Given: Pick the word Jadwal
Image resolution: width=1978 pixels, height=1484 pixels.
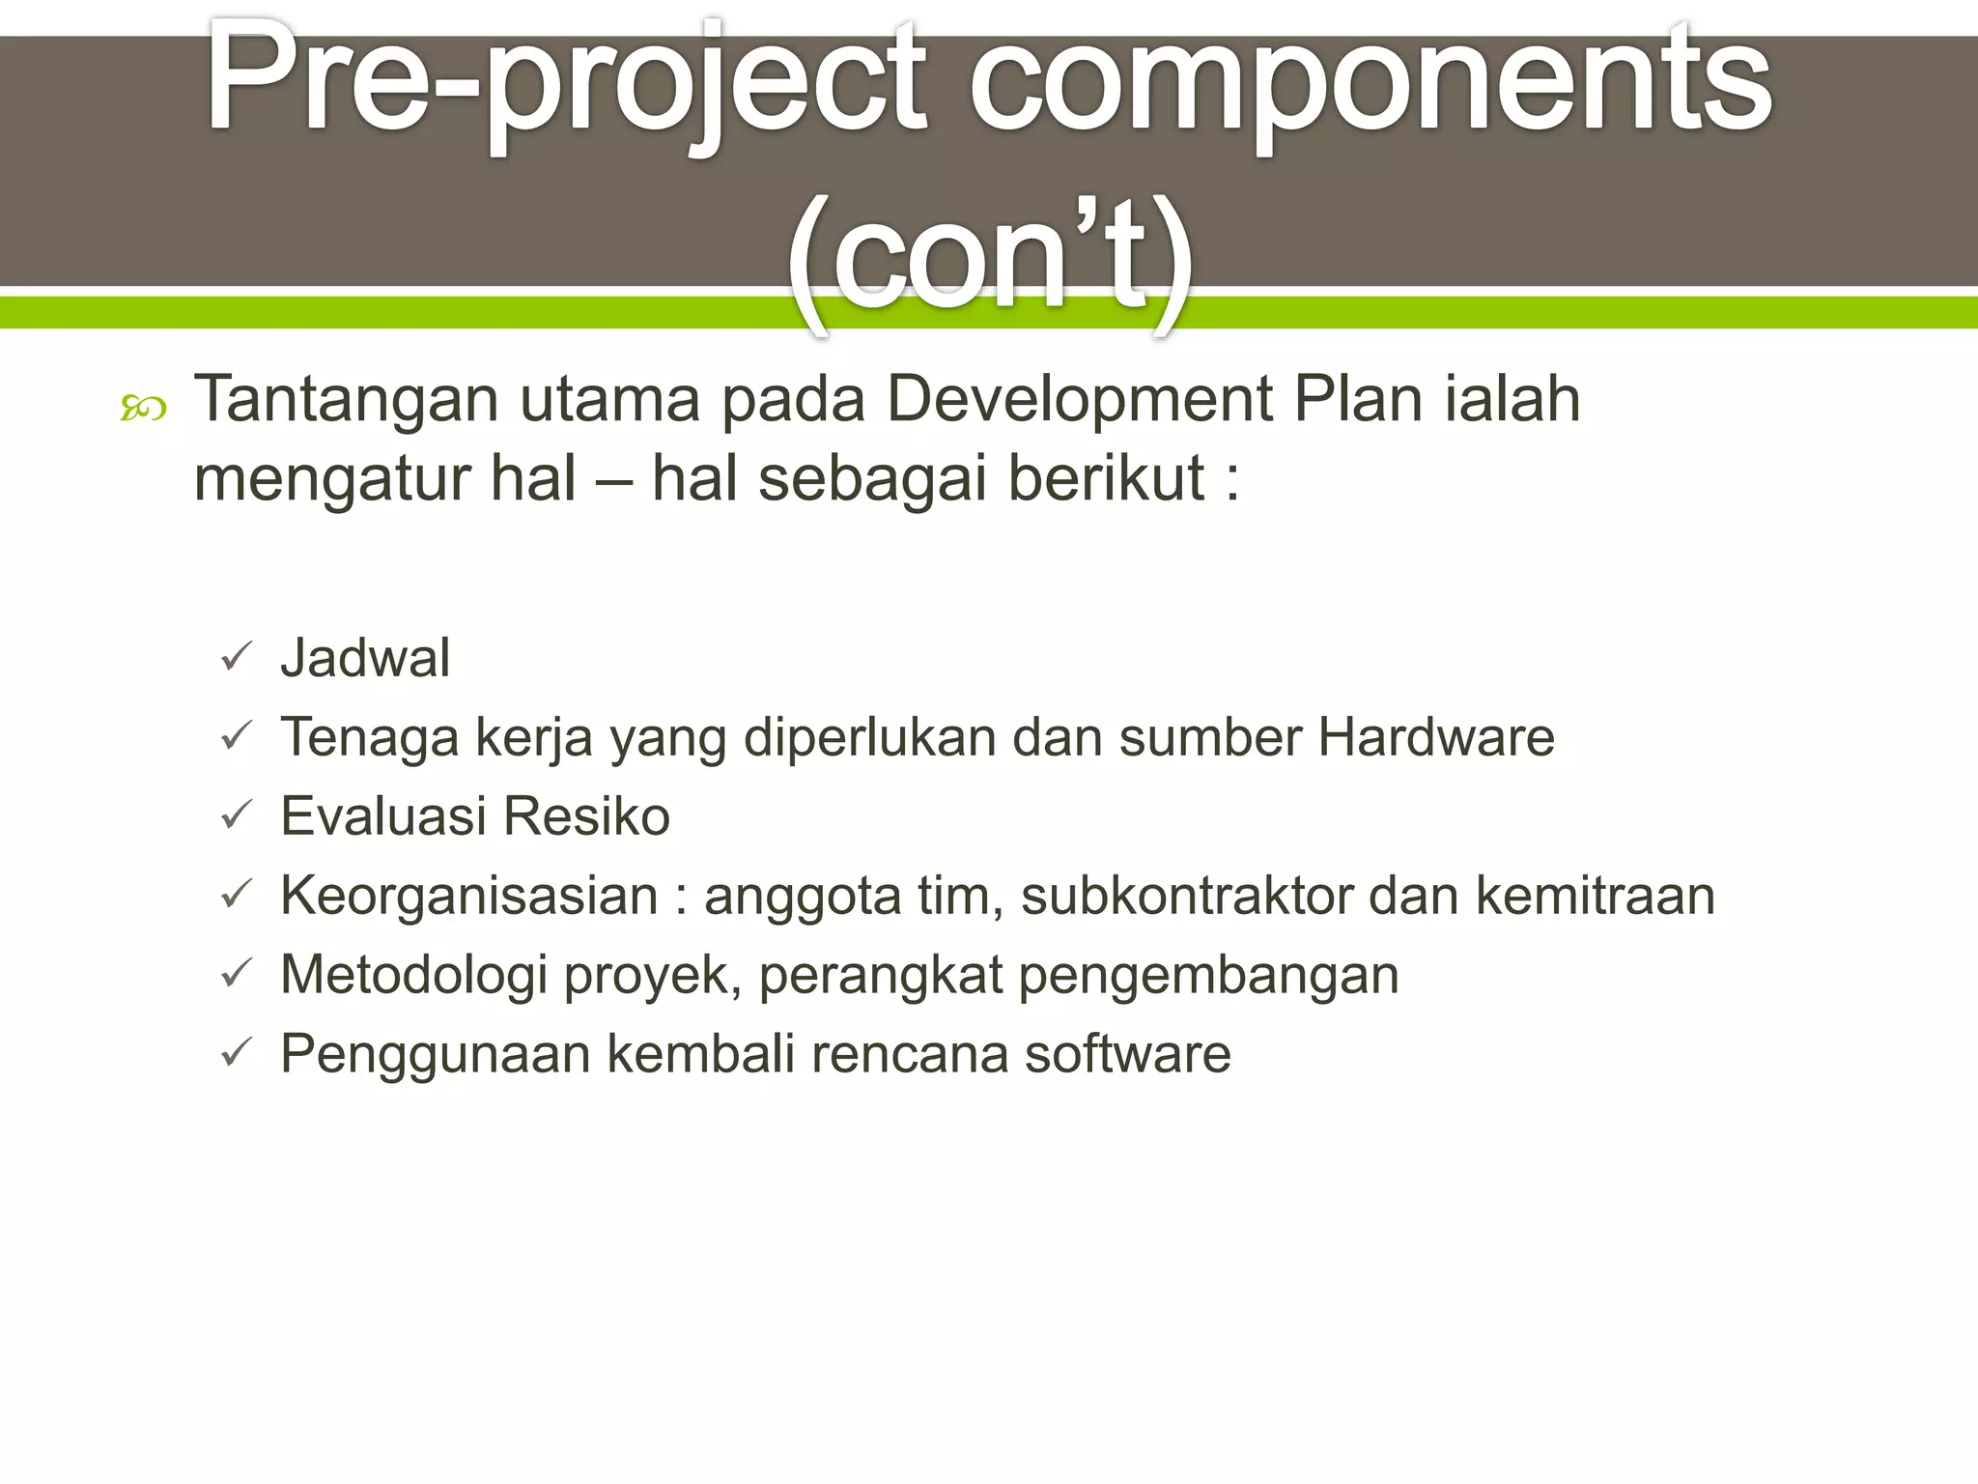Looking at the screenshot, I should point(365,658).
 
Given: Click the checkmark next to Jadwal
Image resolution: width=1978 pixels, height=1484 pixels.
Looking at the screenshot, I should point(236,658).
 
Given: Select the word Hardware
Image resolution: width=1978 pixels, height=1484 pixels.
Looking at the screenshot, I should point(1436,737).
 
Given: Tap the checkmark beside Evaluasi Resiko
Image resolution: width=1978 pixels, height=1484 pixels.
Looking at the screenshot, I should point(236,816).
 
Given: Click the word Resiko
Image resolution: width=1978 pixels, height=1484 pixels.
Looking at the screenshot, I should point(586,816).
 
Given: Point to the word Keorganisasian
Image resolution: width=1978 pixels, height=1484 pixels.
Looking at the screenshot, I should point(469,896).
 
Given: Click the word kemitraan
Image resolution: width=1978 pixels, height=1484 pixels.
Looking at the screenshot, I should point(1595,896).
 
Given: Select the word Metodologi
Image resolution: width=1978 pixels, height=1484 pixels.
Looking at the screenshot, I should point(413,975).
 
